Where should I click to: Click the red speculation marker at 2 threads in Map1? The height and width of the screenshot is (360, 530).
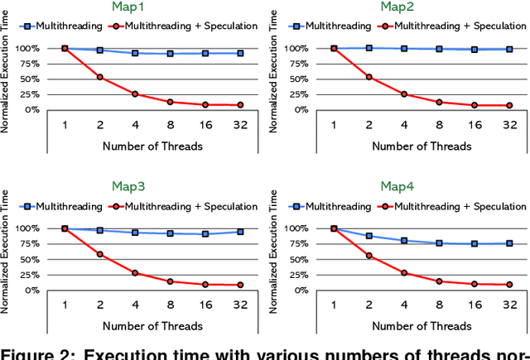tap(100, 77)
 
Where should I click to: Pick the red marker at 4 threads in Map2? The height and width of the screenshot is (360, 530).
tap(404, 94)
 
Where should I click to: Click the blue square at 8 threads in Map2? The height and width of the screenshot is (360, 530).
tap(439, 50)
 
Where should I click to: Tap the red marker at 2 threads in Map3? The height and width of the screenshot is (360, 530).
tap(100, 254)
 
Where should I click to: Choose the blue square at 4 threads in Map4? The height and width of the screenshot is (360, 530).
tap(404, 241)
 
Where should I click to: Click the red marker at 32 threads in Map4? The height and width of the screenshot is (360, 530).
tap(509, 285)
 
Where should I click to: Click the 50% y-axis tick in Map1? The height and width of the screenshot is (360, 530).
tap(41, 79)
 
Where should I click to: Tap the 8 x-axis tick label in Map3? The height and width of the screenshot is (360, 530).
tap(171, 304)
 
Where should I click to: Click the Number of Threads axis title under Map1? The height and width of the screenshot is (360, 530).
tap(152, 146)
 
